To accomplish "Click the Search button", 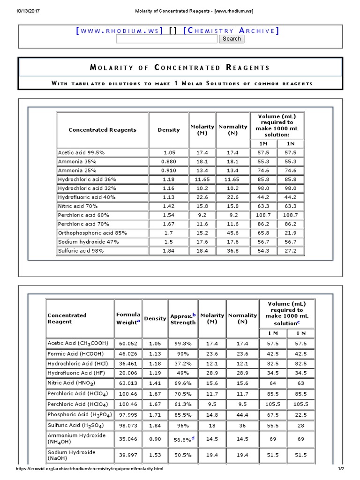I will pyautogui.click(x=232, y=39).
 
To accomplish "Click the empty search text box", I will pyautogui.click(x=166, y=39).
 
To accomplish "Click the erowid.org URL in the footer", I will pyautogui.click(x=90, y=469).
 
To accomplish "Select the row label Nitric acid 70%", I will pyautogui.click(x=78, y=206).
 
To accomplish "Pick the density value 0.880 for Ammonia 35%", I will pyautogui.click(x=169, y=162).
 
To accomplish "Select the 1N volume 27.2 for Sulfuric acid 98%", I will pyautogui.click(x=291, y=251).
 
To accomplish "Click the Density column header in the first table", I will pyautogui.click(x=169, y=130).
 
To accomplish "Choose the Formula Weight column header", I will pyautogui.click(x=128, y=318).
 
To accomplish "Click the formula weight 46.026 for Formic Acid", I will pyautogui.click(x=128, y=354).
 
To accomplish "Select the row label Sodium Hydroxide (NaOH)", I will pyautogui.click(x=72, y=455).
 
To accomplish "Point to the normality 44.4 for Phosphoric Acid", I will pyautogui.click(x=242, y=415).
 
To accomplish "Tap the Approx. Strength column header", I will pyautogui.click(x=183, y=319).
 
